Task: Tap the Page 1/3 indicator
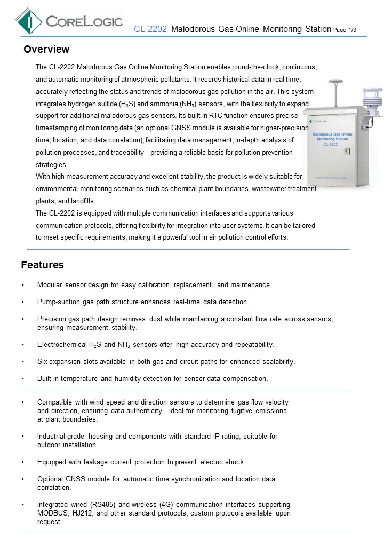345,30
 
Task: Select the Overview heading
46,50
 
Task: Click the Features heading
42,265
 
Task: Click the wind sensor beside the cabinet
371,101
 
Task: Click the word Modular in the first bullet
50,285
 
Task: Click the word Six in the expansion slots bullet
43,362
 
